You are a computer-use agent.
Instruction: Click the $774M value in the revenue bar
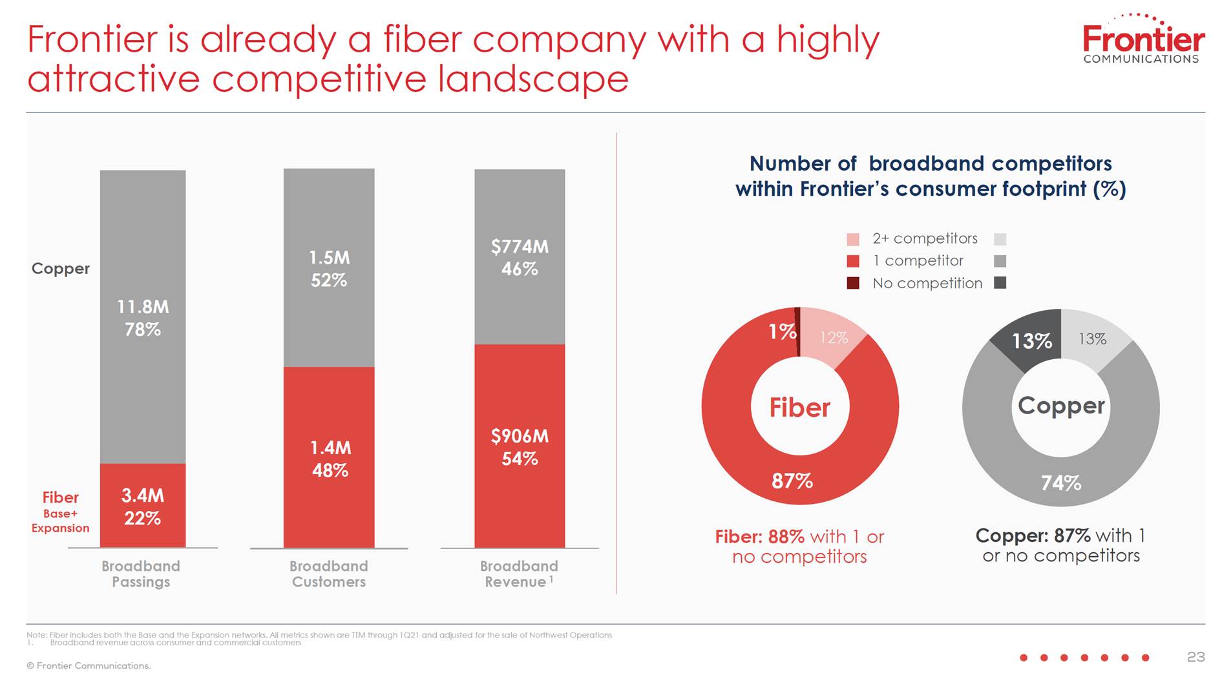(520, 247)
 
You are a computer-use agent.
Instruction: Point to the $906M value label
(520, 437)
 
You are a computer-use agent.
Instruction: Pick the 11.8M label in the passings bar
(143, 307)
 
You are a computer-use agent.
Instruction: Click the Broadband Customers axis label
(328, 574)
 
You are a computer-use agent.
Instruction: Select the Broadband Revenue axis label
(518, 574)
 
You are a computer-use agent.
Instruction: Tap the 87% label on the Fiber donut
(792, 481)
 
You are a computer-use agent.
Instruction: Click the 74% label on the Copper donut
(1060, 483)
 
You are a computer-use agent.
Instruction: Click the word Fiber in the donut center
(799, 408)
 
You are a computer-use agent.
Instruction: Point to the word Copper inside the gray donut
(1061, 406)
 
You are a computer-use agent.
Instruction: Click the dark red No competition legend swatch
(853, 283)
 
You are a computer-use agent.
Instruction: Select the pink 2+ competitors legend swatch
(853, 239)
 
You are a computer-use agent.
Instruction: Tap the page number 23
(1196, 657)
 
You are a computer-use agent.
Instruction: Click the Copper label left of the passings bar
(61, 269)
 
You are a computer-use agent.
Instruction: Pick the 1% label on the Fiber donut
(782, 331)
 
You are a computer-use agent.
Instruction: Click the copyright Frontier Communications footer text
(89, 666)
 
